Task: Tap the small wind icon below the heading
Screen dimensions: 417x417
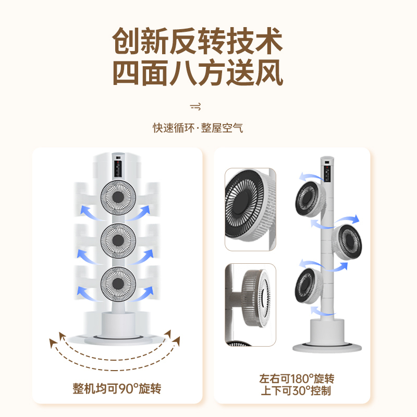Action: [x=196, y=107]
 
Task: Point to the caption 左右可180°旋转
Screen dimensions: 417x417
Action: [x=297, y=379]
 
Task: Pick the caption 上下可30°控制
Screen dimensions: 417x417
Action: [x=297, y=390]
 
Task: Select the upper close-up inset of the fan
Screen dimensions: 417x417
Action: [x=250, y=208]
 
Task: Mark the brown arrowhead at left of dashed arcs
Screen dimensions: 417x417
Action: [x=53, y=342]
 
